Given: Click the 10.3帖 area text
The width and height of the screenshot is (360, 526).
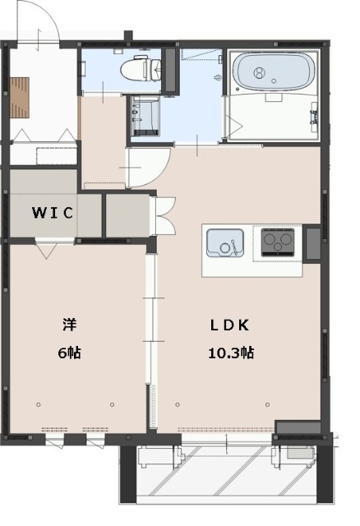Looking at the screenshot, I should tap(229, 353).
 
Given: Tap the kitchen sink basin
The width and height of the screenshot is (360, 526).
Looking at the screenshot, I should tap(224, 243).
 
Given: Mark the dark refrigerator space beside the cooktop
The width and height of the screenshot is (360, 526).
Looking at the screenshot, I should tap(314, 243).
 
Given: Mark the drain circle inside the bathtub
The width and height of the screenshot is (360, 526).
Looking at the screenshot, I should tap(261, 73).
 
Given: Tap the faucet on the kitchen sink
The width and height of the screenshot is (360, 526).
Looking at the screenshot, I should tap(233, 245).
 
